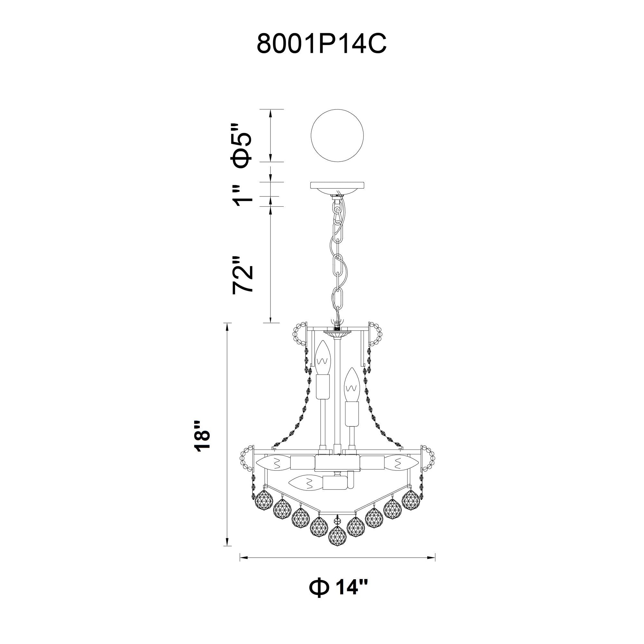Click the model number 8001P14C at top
[321, 44]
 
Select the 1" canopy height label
[242, 196]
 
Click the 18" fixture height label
[202, 436]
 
